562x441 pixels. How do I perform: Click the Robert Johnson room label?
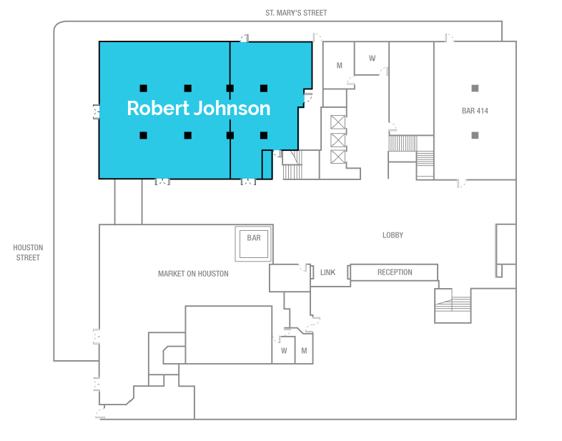[x=199, y=109]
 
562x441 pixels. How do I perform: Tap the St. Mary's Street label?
[x=296, y=13]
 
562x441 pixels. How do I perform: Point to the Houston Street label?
[x=28, y=252]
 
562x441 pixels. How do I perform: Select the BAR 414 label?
[x=475, y=111]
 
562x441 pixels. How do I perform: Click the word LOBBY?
[x=393, y=235]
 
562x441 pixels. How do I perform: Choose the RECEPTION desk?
[x=395, y=272]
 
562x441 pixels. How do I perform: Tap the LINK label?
[x=328, y=272]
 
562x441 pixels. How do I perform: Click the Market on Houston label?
[x=193, y=274]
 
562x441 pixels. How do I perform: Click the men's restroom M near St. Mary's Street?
[x=340, y=66]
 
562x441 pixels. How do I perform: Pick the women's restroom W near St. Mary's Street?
[x=373, y=59]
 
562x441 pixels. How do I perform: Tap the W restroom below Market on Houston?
[x=284, y=351]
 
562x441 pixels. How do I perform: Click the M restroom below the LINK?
[x=304, y=351]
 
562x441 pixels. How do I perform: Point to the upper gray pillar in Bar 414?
[x=475, y=88]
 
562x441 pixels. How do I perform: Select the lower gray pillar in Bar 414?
[x=475, y=134]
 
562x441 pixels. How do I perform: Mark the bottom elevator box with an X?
[x=338, y=156]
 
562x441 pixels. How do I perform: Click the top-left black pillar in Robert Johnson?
[x=144, y=88]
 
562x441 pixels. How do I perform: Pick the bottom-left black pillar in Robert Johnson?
[x=144, y=134]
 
